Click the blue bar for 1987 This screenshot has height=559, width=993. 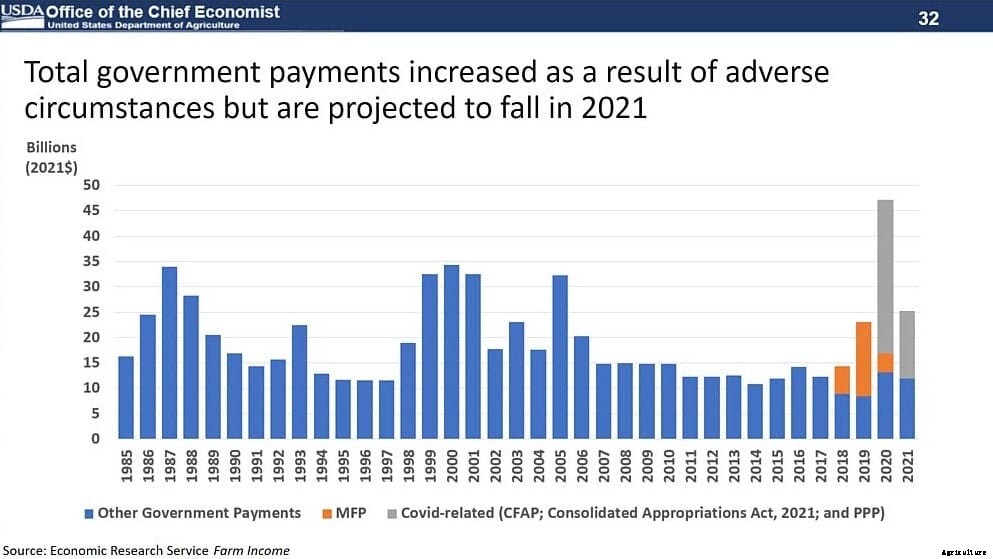[169, 353]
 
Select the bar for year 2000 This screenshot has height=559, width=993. [451, 352]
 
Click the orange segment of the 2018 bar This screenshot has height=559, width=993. [842, 380]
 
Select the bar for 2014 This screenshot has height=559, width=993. [755, 411]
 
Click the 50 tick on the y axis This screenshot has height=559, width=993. [91, 185]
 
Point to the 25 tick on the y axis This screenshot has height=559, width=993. [91, 312]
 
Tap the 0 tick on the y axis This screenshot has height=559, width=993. [95, 439]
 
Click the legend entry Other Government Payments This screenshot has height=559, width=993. [198, 513]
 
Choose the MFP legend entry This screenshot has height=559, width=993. [350, 513]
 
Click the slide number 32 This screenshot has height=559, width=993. [929, 18]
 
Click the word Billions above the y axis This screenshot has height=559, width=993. [51, 147]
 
